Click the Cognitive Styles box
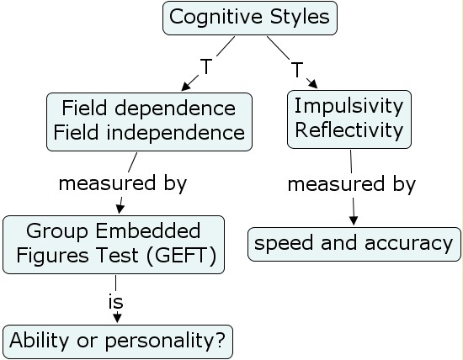(x=249, y=18)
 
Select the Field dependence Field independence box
(x=149, y=120)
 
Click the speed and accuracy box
(x=354, y=244)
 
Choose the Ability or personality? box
(x=119, y=341)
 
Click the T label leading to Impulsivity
(x=297, y=70)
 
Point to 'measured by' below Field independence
(x=122, y=183)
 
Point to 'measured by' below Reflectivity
(x=352, y=183)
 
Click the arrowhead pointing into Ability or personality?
(x=117, y=318)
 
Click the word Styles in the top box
(x=300, y=17)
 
